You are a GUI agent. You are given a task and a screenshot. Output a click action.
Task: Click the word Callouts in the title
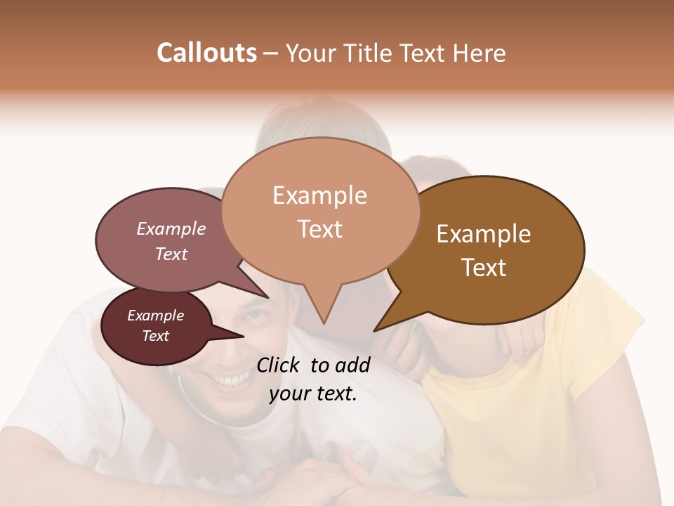(x=206, y=53)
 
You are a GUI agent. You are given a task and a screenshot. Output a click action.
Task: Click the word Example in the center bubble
(x=319, y=195)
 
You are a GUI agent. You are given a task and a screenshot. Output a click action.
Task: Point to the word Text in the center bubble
(x=319, y=229)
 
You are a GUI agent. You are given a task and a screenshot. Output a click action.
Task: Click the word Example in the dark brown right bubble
(x=484, y=234)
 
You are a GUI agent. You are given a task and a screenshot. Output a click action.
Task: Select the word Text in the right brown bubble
(x=484, y=268)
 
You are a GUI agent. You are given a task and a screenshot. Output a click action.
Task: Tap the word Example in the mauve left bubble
(x=171, y=228)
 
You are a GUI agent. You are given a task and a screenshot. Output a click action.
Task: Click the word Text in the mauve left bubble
(x=171, y=254)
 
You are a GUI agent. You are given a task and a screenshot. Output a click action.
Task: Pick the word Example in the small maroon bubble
(x=156, y=316)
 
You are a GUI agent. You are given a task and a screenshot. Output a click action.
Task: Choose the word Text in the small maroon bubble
(x=156, y=336)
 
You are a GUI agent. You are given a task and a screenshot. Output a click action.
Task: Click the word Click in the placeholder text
(x=279, y=365)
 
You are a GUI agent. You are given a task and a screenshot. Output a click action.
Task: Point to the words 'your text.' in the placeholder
(x=313, y=394)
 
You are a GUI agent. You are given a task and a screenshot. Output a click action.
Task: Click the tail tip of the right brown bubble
(x=374, y=330)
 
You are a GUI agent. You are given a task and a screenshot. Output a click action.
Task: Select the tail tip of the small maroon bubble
(x=243, y=337)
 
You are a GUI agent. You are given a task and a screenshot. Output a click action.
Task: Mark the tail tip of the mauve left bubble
(x=267, y=297)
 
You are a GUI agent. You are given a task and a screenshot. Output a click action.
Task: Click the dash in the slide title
(x=272, y=53)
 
